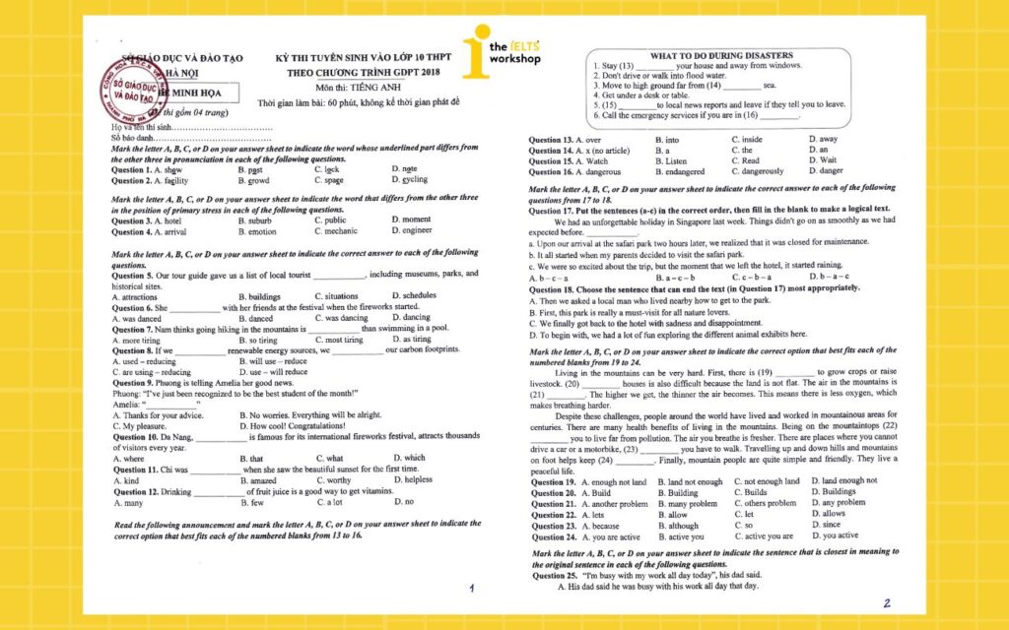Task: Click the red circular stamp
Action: [x=127, y=84]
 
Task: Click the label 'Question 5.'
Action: [x=133, y=274]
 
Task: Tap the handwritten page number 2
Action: [x=886, y=602]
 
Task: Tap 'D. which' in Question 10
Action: [x=409, y=458]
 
